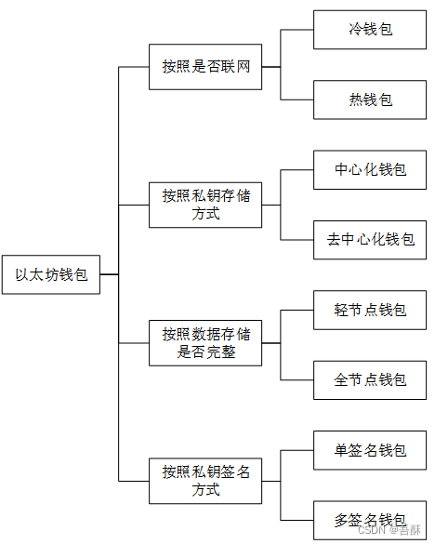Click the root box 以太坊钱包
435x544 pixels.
[50, 274]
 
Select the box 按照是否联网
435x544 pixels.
[205, 67]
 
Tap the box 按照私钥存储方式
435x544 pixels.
[205, 205]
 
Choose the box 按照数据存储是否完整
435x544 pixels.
[205, 342]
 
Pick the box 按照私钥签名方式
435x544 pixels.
[205, 480]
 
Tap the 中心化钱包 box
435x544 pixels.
[370, 170]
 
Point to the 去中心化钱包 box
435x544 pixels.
[370, 239]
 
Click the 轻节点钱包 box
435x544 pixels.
[370, 309]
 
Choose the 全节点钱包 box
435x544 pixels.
[370, 378]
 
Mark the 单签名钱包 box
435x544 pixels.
[370, 450]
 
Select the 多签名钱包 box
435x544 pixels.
[370, 518]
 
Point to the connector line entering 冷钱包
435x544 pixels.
[297, 30]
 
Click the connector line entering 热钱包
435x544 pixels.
[297, 100]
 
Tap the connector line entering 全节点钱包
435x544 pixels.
[297, 378]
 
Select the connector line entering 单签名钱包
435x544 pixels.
[297, 450]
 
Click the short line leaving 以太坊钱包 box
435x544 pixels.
[109, 274]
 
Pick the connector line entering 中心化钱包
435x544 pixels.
[297, 170]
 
